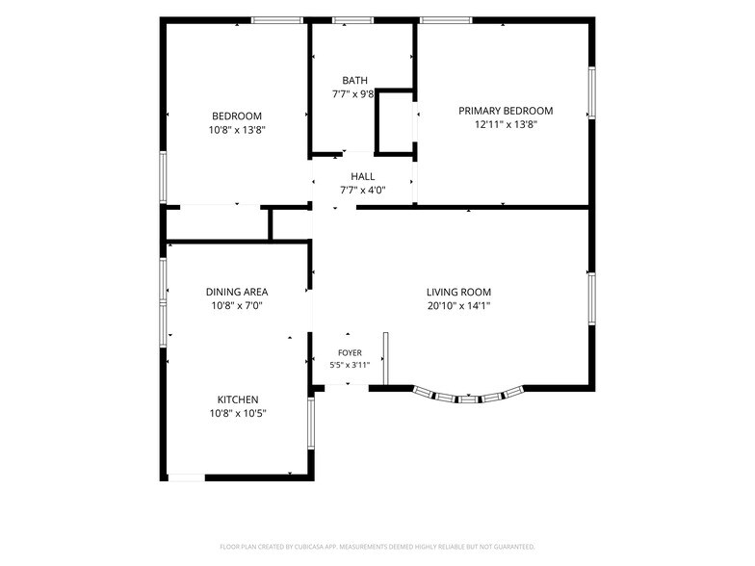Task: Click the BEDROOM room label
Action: point(237,116)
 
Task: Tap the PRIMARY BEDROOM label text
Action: point(506,111)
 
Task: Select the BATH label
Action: point(354,81)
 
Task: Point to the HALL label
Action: point(362,177)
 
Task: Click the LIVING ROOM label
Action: point(458,293)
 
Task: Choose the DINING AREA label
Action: point(237,293)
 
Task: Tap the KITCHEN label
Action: point(238,399)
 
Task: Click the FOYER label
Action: point(351,352)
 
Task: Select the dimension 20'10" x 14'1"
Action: point(458,306)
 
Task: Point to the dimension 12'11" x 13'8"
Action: point(507,125)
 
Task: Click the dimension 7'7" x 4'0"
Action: point(363,191)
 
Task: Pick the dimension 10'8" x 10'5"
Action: point(238,413)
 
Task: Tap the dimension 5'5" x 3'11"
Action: point(351,365)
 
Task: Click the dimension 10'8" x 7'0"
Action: point(237,306)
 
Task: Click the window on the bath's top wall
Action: point(352,20)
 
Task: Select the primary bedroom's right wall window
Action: point(591,92)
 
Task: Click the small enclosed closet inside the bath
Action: point(395,122)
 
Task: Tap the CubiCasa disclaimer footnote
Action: point(377,547)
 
